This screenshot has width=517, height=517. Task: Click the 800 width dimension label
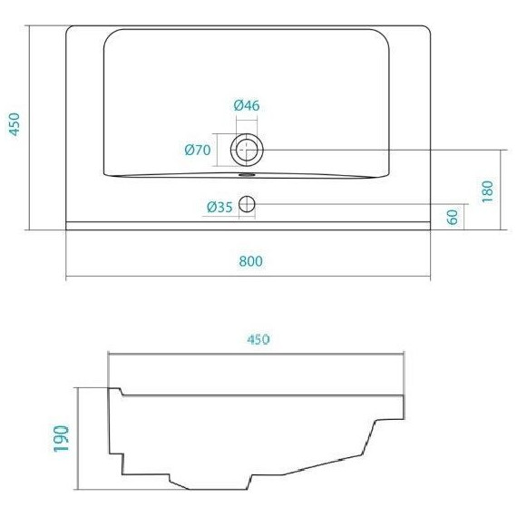coord(251,262)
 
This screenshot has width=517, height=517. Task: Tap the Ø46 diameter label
coord(247,106)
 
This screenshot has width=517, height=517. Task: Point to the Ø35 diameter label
coord(219,207)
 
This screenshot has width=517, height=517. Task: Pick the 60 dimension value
coord(452,217)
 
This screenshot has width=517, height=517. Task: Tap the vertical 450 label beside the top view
coord(13,124)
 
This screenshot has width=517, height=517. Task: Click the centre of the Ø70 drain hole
coord(247,149)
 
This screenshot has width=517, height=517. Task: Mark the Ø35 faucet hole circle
coord(248,206)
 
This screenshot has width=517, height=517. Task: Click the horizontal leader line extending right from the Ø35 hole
coord(363,206)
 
